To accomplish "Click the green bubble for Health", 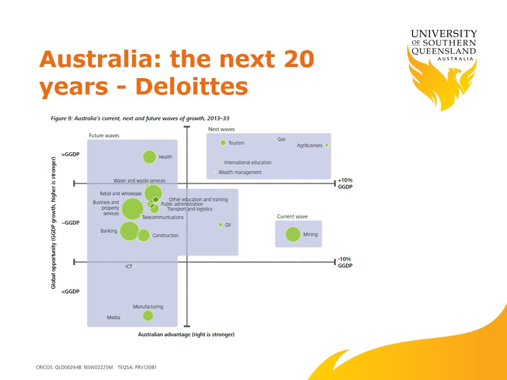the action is pos(149,157).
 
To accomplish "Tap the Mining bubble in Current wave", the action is pos(293,234).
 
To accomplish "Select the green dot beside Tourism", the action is pos(223,142).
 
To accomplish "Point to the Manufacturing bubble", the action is pos(148,316).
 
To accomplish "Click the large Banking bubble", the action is pos(130,231).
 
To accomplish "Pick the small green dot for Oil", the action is pos(221,225).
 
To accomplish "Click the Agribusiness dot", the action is pos(326,146).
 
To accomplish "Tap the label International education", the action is pos(248,163).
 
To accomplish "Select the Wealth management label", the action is pos(240,172).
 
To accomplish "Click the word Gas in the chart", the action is pos(281,139).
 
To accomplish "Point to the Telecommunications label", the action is pos(163,217).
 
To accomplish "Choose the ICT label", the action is pos(129,267).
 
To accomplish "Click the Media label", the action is pos(114,318).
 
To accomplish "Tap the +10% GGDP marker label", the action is pos(345,184).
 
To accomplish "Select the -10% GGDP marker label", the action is pos(345,262).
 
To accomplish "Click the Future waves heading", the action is pos(104,136).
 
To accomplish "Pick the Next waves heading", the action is pos(221,129).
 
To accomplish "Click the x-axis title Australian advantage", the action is pos(186,335).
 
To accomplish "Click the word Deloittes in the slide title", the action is pos(192,86).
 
